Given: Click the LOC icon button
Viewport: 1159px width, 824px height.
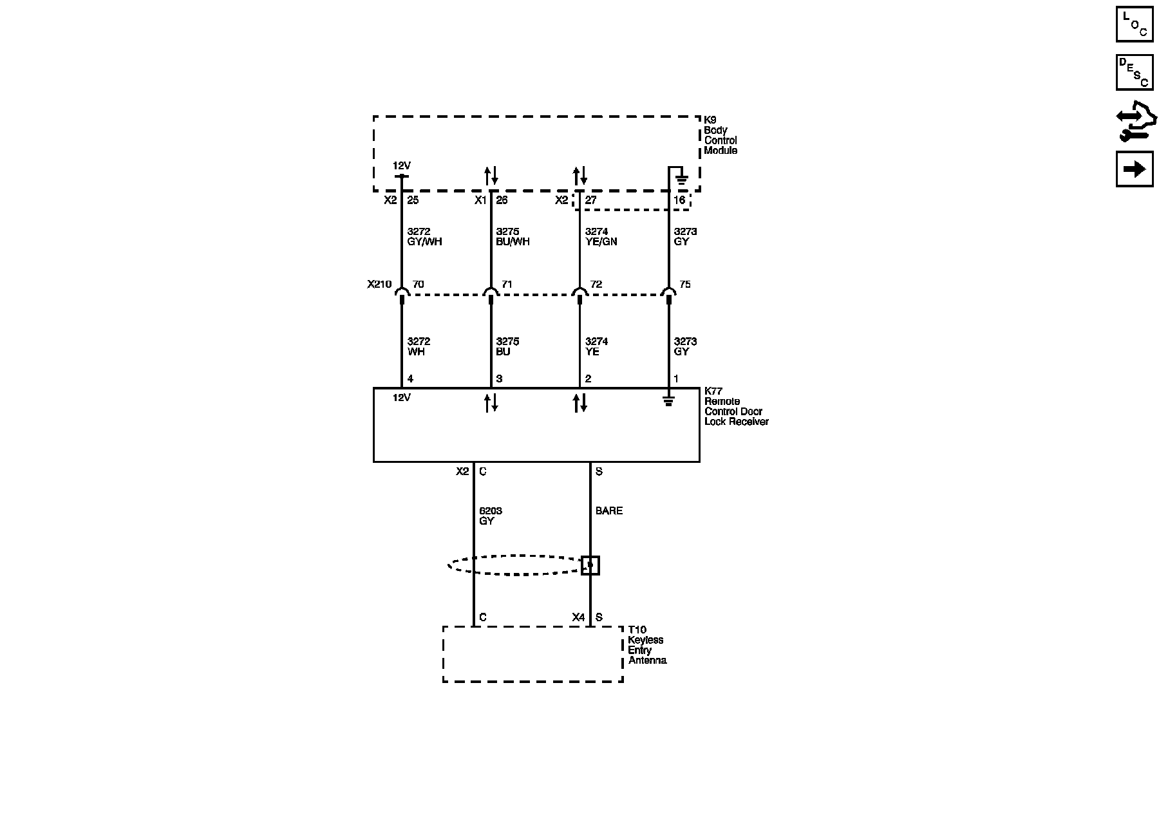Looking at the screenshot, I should (1134, 24).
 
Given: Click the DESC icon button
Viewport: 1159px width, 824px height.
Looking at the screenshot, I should (1134, 72).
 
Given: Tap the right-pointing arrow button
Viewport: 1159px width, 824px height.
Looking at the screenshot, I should (1134, 169).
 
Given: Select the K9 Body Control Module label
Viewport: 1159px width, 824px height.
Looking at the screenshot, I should (720, 135).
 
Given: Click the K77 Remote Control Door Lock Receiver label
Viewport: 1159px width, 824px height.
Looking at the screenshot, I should (736, 406).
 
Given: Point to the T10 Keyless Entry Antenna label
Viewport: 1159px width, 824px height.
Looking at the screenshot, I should (647, 645).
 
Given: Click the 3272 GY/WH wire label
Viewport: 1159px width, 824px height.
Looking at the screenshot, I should (424, 237).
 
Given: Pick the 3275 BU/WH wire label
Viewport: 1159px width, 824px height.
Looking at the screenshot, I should (513, 237).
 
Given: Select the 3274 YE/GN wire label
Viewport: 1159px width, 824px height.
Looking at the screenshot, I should (601, 237).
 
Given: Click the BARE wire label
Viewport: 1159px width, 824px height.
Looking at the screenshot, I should (608, 511).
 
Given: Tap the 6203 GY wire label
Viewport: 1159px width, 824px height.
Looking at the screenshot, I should (490, 516).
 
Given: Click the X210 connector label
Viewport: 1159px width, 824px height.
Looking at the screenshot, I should (379, 284).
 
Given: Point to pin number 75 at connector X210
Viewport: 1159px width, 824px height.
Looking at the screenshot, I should (684, 284).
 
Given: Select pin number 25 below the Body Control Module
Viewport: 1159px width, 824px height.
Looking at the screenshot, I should (413, 200).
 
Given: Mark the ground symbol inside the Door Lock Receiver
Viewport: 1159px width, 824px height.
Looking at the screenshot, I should (669, 402).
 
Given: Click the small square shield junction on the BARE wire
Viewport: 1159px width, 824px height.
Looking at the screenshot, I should (590, 565).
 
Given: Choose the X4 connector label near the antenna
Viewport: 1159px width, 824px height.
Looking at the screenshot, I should (578, 617).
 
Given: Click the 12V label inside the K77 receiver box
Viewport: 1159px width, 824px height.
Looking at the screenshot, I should (402, 398).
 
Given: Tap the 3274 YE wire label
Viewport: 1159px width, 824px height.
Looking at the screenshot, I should (596, 346).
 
